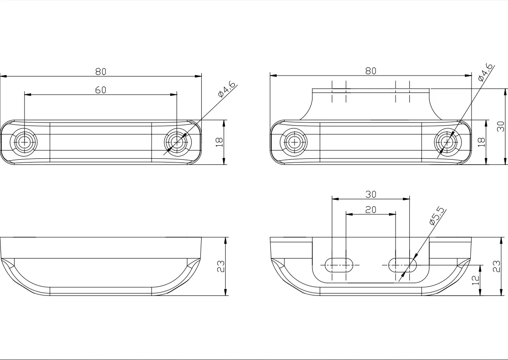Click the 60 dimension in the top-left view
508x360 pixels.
tap(101, 90)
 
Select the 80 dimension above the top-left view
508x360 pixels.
tap(101, 71)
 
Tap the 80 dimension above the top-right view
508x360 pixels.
tap(371, 71)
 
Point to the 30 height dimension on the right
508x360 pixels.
tap(501, 126)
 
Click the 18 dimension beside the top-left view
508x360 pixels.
tap(220, 142)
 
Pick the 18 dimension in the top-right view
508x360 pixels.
tap(482, 142)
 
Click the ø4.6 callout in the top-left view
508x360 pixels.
tap(227, 89)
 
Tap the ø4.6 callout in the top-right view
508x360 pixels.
tap(485, 72)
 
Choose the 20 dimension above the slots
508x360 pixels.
tap(371, 210)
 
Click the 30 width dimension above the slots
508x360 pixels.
tap(371, 194)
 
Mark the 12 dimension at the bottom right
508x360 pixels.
tap(476, 280)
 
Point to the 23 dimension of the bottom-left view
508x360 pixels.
tap(221, 266)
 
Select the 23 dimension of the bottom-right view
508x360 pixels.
tap(497, 266)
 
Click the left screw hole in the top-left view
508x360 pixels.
tap(24, 142)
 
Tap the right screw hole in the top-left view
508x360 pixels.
tap(177, 142)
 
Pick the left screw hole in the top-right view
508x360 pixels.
tap(294, 142)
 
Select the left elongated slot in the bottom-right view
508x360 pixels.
tap(339, 265)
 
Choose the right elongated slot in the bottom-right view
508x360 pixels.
tap(402, 265)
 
